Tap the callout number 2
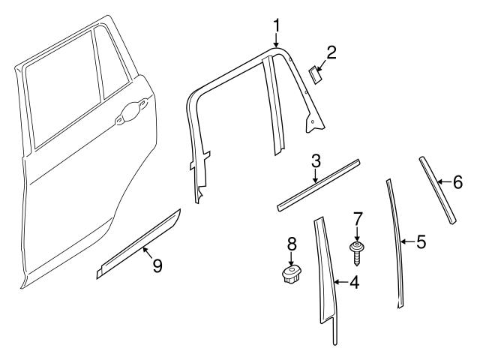[x=331, y=52]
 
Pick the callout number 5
[x=421, y=241]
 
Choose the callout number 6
[x=458, y=181]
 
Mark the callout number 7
[x=358, y=218]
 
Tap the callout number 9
[x=157, y=266]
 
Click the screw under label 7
[x=358, y=249]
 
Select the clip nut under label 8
[x=290, y=274]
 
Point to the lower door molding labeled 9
[x=139, y=244]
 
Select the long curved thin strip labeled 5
[x=394, y=240]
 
